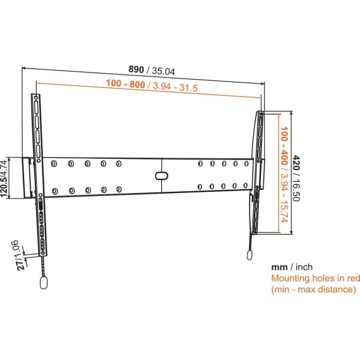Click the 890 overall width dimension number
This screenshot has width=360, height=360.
136,69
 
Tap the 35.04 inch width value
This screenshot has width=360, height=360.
163,71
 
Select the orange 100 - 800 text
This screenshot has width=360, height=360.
125,84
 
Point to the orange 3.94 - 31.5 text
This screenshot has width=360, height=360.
175,87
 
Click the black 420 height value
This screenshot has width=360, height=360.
296,163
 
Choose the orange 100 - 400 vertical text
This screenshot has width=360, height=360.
284,146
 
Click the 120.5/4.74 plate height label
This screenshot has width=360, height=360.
4,178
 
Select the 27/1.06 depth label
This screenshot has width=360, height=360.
18,255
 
